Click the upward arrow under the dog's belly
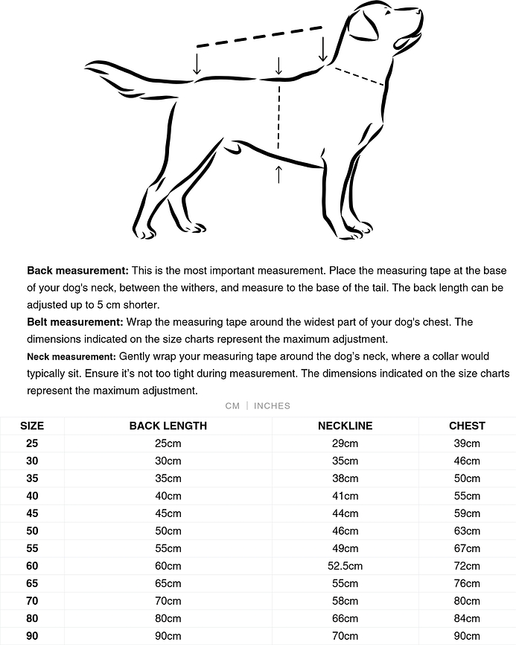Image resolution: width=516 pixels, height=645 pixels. click(279, 174)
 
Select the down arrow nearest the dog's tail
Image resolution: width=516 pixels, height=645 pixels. click(197, 62)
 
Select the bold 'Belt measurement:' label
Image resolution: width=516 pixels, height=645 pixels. click(75, 322)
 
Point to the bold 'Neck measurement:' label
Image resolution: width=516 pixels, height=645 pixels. click(71, 357)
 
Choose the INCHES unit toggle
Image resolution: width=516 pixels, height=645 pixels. click(272, 405)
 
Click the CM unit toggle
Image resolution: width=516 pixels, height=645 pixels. click(232, 405)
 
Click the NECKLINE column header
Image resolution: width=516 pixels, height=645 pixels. click(345, 426)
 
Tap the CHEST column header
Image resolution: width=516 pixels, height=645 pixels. click(467, 426)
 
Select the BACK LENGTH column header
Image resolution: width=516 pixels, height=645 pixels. click(168, 426)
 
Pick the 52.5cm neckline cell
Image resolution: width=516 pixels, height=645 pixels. click(345, 566)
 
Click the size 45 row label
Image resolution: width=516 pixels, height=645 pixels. click(32, 513)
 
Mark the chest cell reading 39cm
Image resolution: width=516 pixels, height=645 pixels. click(467, 443)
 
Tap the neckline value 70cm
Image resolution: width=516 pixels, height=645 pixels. click(345, 636)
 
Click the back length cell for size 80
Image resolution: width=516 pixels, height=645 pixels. click(168, 618)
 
